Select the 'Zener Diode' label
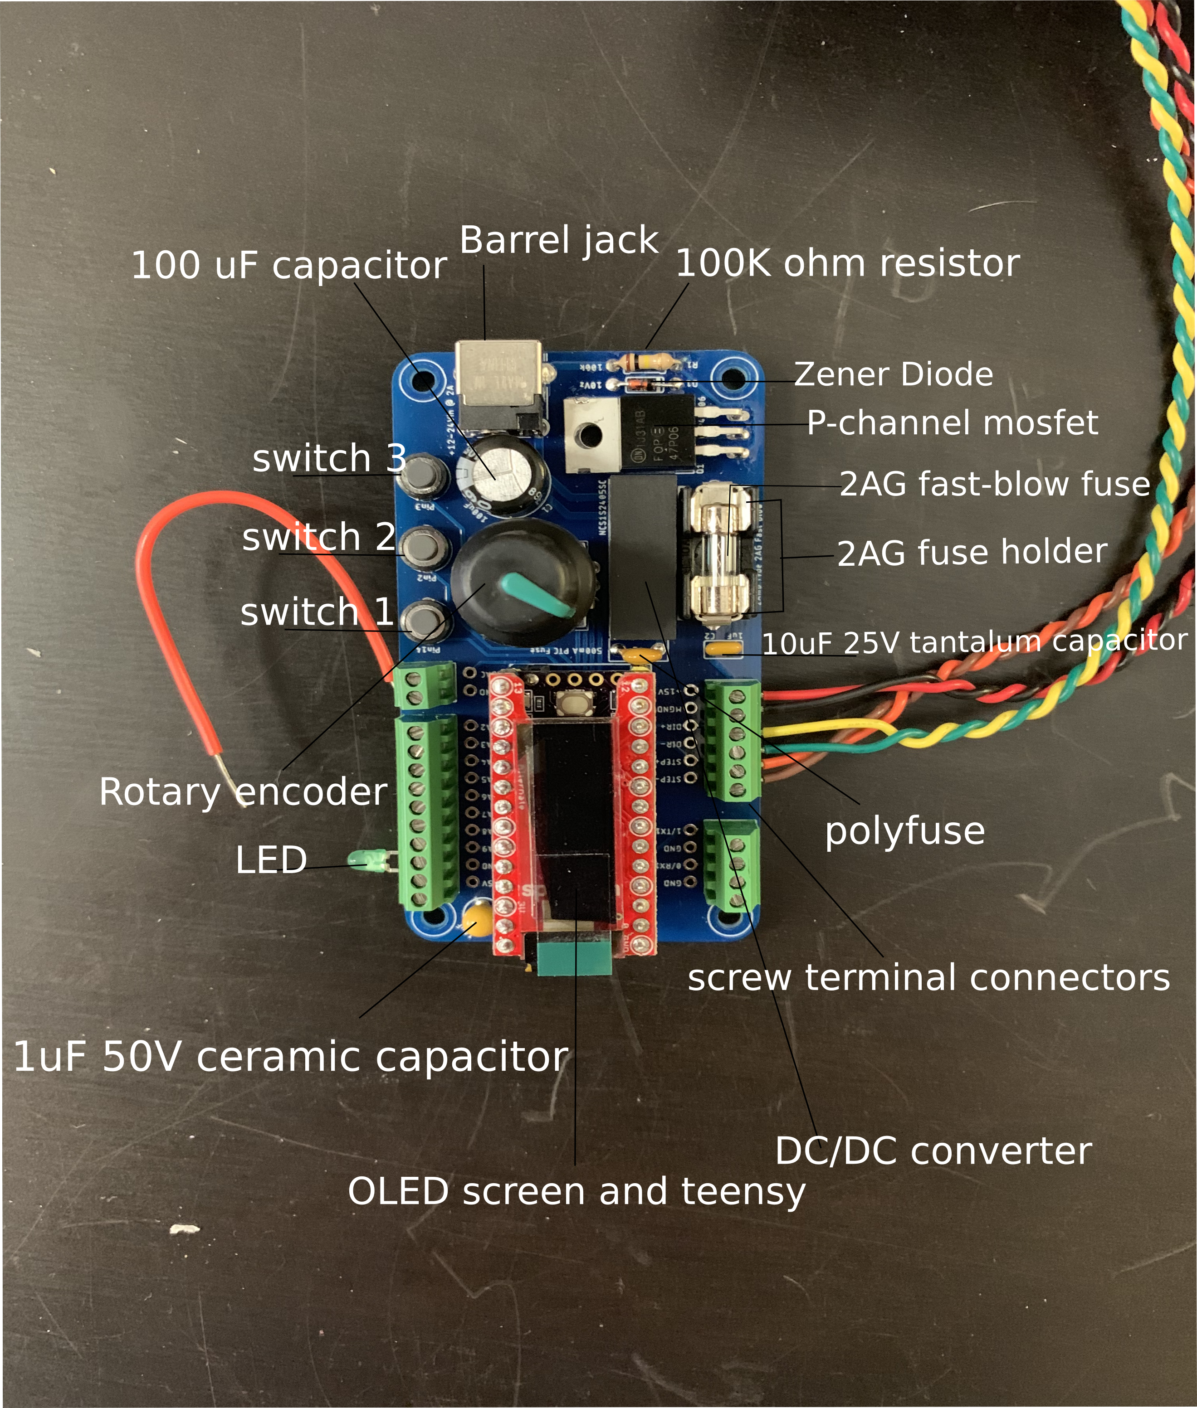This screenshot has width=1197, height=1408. (x=893, y=374)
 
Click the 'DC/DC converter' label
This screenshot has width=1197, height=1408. (x=933, y=1151)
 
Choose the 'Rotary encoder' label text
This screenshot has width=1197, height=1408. (x=243, y=791)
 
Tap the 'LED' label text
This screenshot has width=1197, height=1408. (x=271, y=860)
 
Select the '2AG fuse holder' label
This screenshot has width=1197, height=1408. (x=972, y=553)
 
